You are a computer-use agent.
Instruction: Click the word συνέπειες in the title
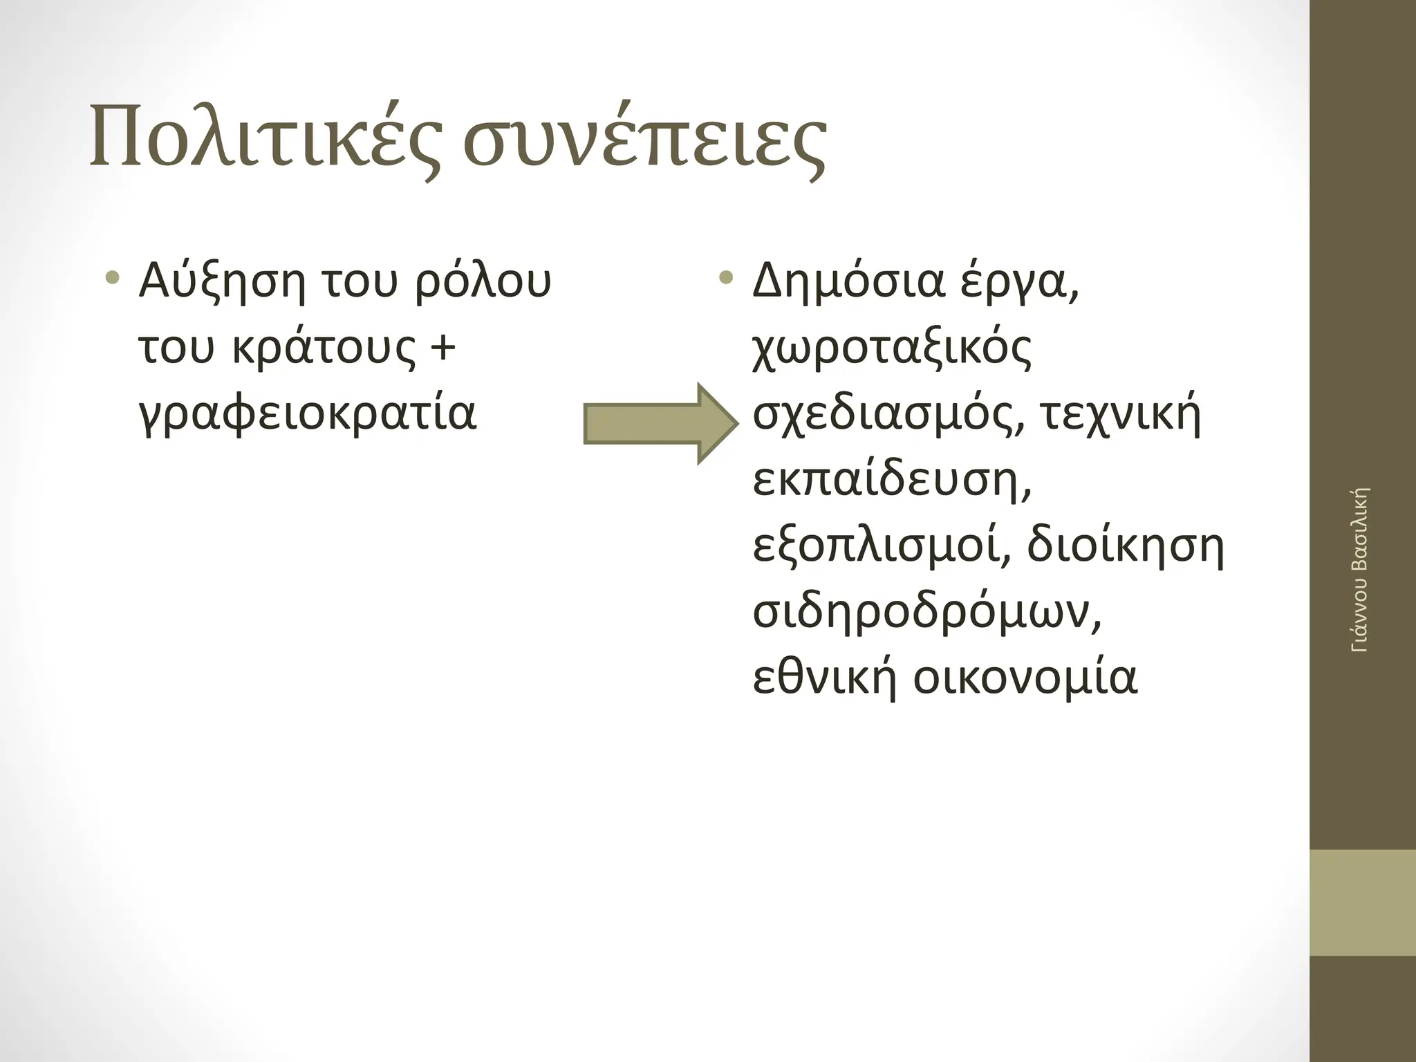tap(644, 142)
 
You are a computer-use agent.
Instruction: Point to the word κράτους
tap(323, 348)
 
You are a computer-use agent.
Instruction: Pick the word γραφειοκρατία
tap(308, 413)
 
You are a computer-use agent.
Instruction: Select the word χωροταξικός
tap(892, 348)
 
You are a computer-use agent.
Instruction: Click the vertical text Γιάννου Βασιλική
tap(1359, 570)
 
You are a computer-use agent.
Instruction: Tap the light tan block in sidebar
tap(1362, 903)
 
